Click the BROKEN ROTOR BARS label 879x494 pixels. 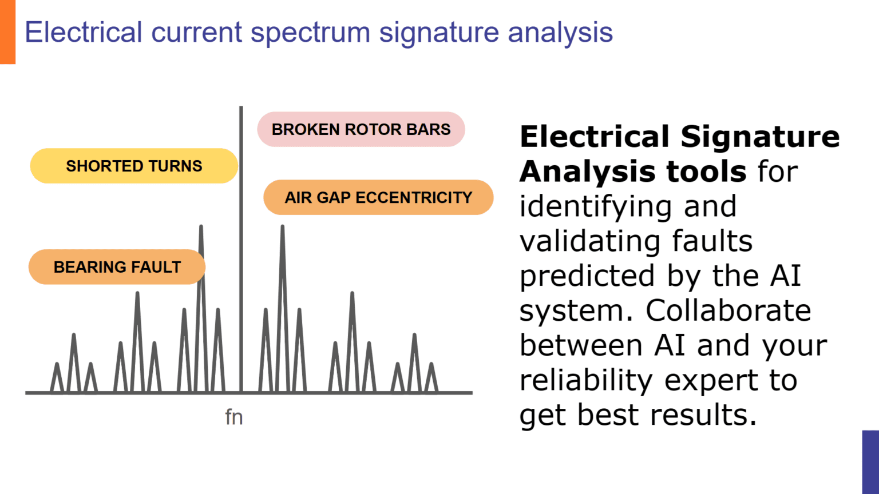pyautogui.click(x=361, y=129)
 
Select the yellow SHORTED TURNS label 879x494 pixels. pyautogui.click(x=134, y=166)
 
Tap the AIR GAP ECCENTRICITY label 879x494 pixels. pyautogui.click(x=378, y=197)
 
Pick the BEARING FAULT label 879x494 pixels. pyautogui.click(x=117, y=267)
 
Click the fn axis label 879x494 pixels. pyautogui.click(x=234, y=417)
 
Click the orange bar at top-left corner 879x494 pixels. pyautogui.click(x=7, y=31)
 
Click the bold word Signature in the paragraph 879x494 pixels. pyautogui.click(x=759, y=137)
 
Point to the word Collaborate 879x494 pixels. pyautogui.click(x=728, y=310)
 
